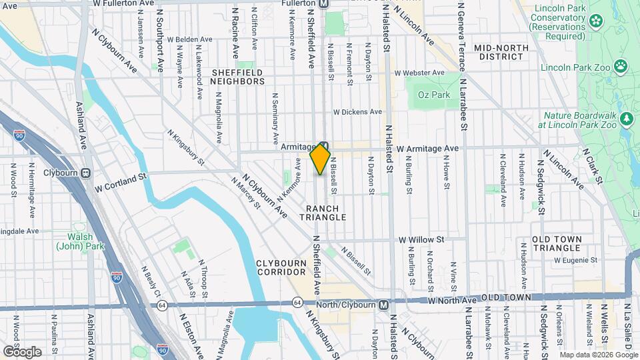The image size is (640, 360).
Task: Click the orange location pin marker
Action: click(x=320, y=160)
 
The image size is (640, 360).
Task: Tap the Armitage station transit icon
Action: click(x=324, y=147)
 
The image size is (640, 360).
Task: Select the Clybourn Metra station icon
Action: click(x=86, y=173)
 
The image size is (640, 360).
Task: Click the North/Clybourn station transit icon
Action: click(x=383, y=305)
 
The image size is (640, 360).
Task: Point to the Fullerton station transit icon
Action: click(x=324, y=3)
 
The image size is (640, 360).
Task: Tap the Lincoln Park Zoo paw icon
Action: click(x=621, y=66)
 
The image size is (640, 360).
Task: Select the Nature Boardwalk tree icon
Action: click(x=626, y=119)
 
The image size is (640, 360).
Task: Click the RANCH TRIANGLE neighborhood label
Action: click(x=327, y=213)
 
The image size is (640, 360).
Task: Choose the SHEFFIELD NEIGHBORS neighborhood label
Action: click(x=238, y=76)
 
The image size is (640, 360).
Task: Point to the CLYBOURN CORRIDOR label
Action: click(x=281, y=268)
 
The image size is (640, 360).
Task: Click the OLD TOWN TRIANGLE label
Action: click(x=557, y=243)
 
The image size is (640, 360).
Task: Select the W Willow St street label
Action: click(x=421, y=239)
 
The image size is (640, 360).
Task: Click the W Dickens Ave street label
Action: click(x=357, y=111)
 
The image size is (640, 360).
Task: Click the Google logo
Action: click(x=22, y=351)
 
